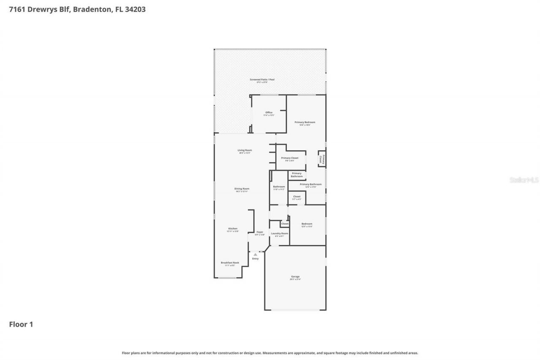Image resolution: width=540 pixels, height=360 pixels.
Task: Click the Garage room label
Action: [x=295, y=277]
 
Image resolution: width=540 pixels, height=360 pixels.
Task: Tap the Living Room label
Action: [x=245, y=150]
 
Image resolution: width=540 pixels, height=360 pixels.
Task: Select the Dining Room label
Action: [x=242, y=189]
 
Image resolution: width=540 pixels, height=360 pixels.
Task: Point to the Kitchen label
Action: [x=232, y=229]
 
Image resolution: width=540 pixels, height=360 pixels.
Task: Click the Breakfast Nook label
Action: [x=230, y=263]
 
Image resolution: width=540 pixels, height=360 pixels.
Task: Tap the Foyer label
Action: [x=260, y=232]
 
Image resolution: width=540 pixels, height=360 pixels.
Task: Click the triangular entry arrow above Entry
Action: [x=255, y=254]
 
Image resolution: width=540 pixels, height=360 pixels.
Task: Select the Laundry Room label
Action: [x=279, y=233]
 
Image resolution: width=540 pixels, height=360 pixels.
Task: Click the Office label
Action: [x=269, y=112]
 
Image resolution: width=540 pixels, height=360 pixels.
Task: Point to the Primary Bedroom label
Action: [x=305, y=122]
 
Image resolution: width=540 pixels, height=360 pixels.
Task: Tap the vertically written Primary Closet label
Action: [x=322, y=159]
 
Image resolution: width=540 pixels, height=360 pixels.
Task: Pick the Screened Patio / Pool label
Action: [x=262, y=79]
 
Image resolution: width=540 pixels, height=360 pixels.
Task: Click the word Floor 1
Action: [x=21, y=324]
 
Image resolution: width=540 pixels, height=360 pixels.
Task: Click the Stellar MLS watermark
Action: [x=524, y=180]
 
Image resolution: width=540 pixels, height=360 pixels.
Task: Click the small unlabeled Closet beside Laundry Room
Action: [x=285, y=224]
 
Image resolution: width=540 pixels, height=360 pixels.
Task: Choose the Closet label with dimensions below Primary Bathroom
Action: [x=297, y=197]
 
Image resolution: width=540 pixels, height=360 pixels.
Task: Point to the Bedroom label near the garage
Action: [x=307, y=224]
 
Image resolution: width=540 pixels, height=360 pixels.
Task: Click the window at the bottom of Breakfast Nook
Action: [x=227, y=278]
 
